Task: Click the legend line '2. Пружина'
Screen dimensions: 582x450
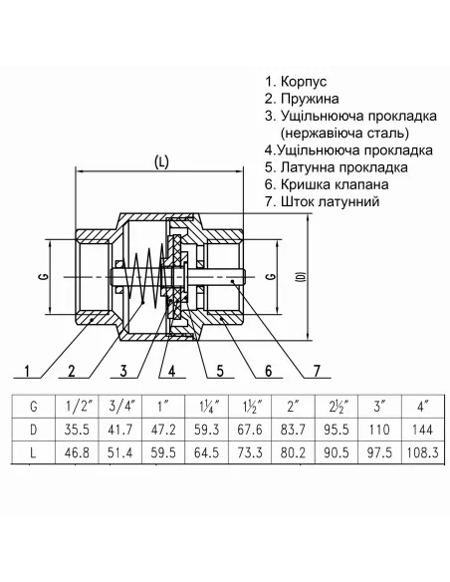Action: (302, 100)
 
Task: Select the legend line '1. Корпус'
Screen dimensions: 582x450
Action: (297, 82)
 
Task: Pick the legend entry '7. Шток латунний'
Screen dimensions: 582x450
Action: (324, 201)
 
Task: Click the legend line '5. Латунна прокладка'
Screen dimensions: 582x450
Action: (337, 167)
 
